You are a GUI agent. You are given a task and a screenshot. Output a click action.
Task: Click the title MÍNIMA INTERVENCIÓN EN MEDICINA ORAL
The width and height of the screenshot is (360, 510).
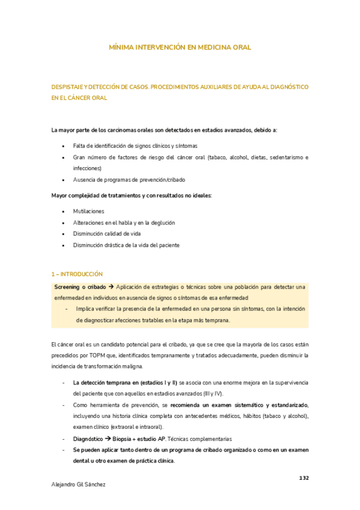180,46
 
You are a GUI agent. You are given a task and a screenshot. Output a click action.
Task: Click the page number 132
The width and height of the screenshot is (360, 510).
304,478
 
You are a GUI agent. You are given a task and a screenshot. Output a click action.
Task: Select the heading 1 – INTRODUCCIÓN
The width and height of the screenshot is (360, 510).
77,274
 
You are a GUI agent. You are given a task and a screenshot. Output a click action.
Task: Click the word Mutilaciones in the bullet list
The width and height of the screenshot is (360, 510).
88,212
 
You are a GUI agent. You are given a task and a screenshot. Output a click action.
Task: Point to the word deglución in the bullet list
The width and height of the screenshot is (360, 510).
161,223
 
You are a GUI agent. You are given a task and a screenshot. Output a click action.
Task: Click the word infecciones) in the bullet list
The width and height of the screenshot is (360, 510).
87,168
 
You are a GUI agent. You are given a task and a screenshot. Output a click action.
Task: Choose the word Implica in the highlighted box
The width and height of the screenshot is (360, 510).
86,309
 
